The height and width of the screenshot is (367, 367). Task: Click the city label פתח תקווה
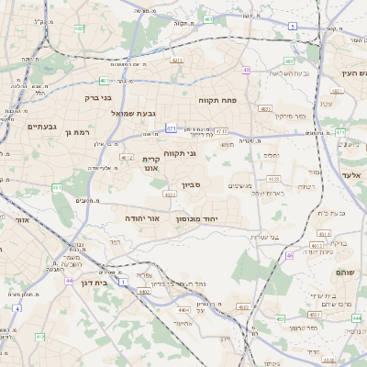(x=217, y=99)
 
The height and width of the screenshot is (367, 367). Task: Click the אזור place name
(x=20, y=220)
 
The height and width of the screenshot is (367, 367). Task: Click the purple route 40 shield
(x=247, y=70)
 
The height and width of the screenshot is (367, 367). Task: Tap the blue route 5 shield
(x=293, y=27)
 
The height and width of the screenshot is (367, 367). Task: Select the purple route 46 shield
(x=290, y=256)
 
